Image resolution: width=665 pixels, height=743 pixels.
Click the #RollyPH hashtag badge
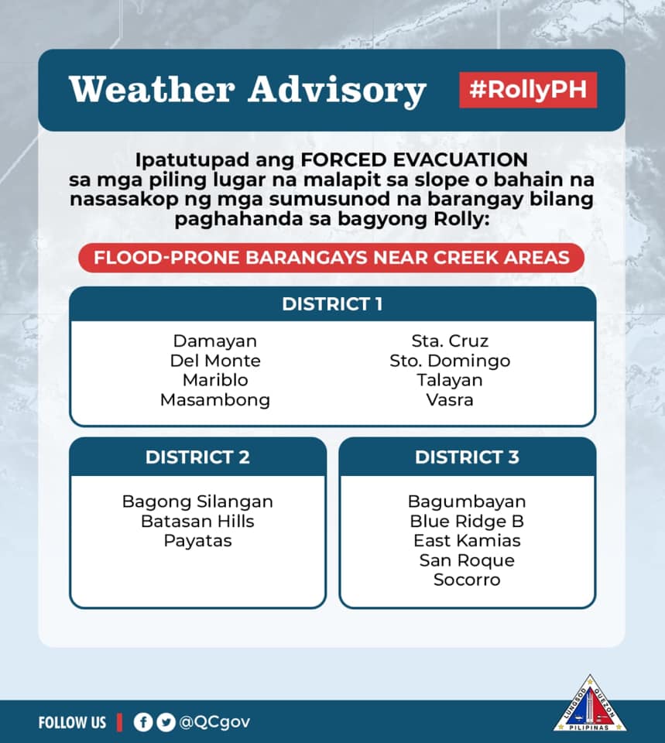click(528, 90)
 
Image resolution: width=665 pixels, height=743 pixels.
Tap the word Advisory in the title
click(338, 90)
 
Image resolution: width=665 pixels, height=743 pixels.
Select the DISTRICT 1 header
click(332, 303)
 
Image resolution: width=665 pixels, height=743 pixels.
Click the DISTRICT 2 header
click(197, 457)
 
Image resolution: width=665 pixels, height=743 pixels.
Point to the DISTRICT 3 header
click(468, 457)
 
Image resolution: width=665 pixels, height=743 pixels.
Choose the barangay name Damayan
click(215, 341)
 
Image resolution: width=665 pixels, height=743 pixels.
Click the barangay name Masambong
click(215, 400)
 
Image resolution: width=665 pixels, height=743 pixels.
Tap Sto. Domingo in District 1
click(450, 361)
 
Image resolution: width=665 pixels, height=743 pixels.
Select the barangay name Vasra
click(450, 400)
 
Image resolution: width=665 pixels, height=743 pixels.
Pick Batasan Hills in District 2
click(197, 521)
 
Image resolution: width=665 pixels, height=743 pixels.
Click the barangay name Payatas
click(197, 541)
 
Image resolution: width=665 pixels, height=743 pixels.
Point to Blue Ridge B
click(467, 521)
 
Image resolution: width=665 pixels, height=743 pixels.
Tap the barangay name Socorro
click(467, 580)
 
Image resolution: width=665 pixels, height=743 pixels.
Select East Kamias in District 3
click(467, 541)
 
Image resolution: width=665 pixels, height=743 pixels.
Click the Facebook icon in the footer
click(143, 722)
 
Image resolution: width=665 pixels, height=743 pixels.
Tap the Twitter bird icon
click(166, 722)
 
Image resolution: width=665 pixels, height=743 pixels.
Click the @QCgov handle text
click(214, 722)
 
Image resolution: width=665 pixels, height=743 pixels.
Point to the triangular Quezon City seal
click(590, 704)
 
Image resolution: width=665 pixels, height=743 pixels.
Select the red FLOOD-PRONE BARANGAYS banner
click(331, 258)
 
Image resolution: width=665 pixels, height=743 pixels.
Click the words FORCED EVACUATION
click(414, 159)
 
